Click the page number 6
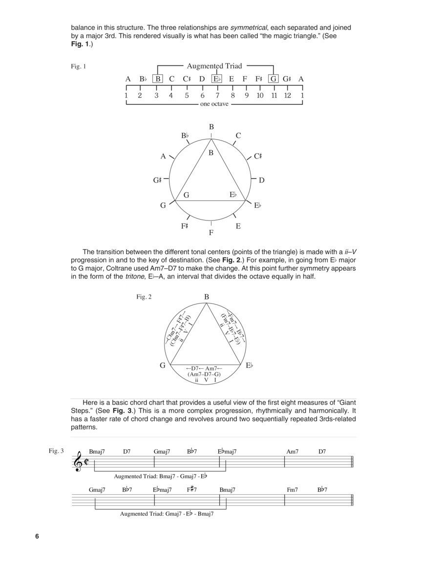coord(37,537)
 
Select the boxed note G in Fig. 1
coord(274,79)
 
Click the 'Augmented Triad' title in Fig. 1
coord(214,66)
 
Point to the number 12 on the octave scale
coord(288,96)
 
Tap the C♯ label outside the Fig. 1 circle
coord(258,157)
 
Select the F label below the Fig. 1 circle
coord(211,233)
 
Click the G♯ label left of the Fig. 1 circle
coord(157,181)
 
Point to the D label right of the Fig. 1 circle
coord(261,181)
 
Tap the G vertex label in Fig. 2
coord(163,365)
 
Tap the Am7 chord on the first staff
coord(293,452)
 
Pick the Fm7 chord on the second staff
coord(293,489)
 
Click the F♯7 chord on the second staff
coord(191,489)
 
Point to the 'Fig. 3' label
coord(56,450)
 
